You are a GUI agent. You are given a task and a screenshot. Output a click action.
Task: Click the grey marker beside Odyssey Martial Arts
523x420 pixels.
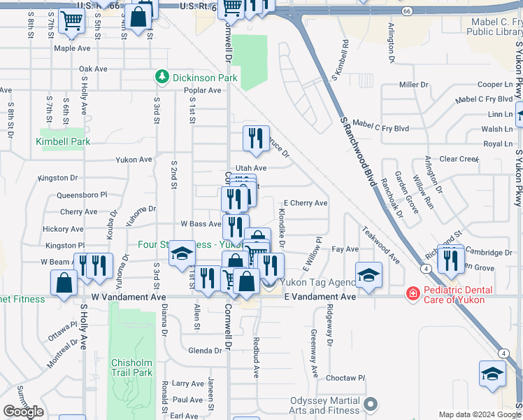[372, 404]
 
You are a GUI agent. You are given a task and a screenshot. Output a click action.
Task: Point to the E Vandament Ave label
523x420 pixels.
[320, 297]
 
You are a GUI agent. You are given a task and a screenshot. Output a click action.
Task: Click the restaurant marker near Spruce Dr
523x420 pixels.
[256, 138]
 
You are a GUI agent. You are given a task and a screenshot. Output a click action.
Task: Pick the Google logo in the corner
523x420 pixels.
[23, 412]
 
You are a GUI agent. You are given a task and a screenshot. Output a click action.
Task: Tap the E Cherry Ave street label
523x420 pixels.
[304, 203]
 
